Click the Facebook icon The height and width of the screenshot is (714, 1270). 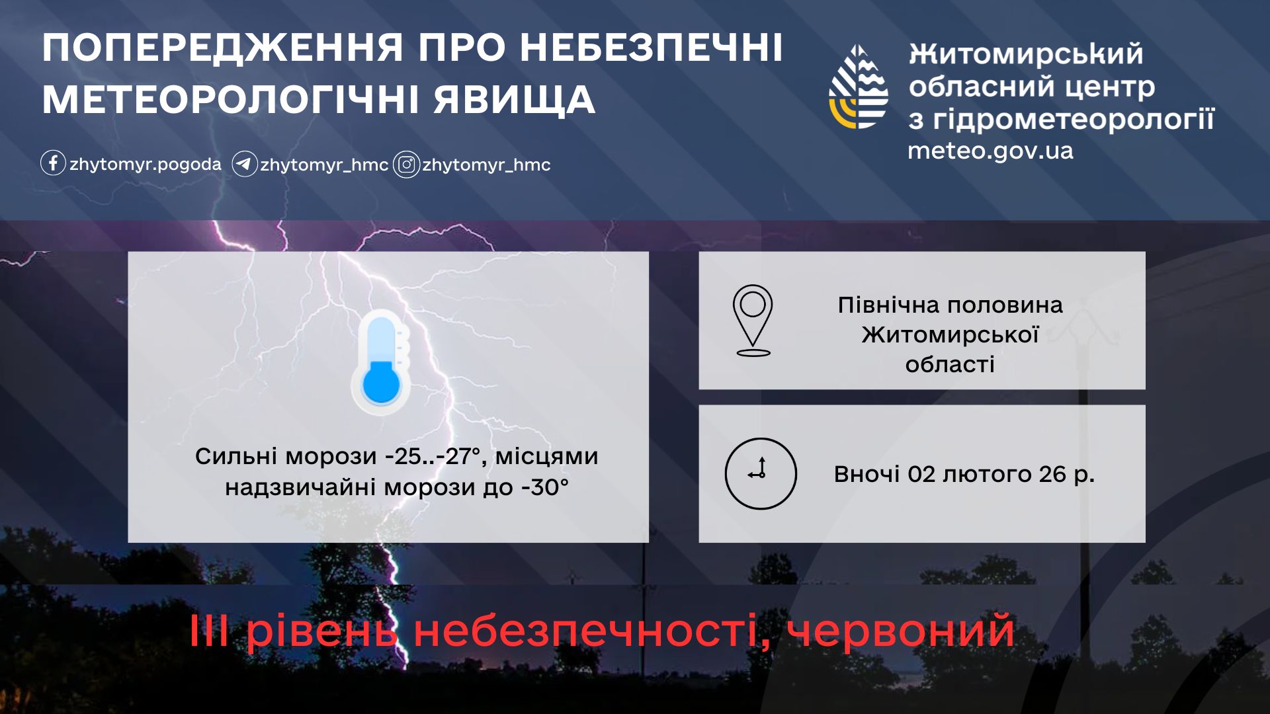tap(53, 163)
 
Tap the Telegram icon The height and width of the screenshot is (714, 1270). tap(244, 164)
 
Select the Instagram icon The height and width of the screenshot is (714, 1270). tap(406, 165)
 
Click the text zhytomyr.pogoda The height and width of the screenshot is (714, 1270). tap(146, 164)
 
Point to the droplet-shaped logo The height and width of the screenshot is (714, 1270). tap(858, 87)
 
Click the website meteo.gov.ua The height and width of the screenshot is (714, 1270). tap(990, 151)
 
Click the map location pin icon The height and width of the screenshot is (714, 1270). tap(753, 321)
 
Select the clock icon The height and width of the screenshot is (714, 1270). tap(761, 473)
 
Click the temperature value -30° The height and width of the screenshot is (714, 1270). tap(545, 487)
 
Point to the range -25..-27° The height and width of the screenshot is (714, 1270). tap(432, 456)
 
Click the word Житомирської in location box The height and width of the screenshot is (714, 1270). tap(950, 335)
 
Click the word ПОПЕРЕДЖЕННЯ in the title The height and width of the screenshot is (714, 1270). tap(223, 48)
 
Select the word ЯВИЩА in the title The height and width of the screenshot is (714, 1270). tap(515, 99)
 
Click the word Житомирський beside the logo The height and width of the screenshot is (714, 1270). tap(1026, 54)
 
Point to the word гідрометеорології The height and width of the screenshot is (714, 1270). tap(1074, 120)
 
